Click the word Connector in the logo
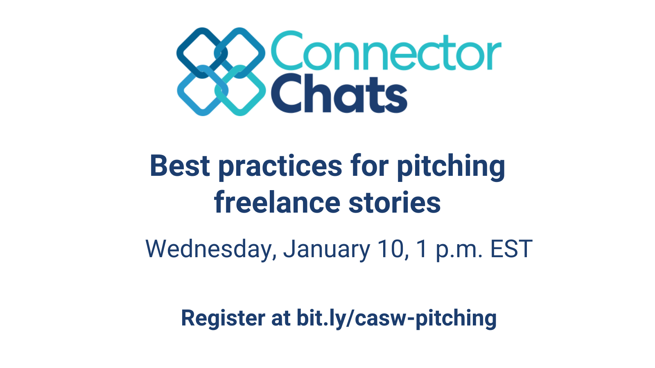point(386,52)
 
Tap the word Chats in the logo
point(339,94)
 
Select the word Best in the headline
point(180,166)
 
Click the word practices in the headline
point(280,167)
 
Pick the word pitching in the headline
point(451,167)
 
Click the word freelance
point(277,202)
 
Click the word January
point(327,249)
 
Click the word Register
point(223,319)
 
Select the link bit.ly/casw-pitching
point(396,319)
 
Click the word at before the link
point(280,319)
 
